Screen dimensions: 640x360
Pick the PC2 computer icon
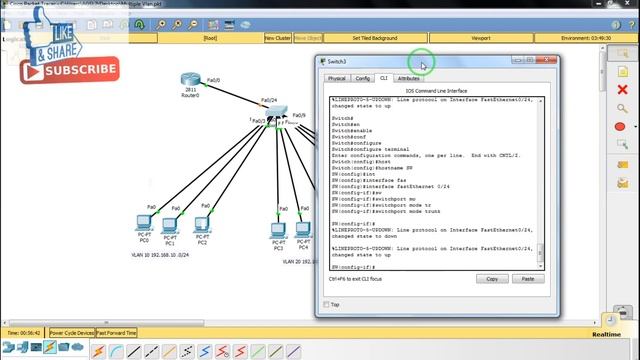[202, 224]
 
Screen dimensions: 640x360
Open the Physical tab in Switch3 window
[336, 78]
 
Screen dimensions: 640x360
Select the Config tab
[363, 78]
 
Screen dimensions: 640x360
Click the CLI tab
[384, 78]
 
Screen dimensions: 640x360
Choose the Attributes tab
[408, 78]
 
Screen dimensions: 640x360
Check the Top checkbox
[327, 305]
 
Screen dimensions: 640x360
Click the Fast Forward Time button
[117, 332]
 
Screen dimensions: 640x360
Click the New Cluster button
[278, 38]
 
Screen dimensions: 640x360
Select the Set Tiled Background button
[375, 38]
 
